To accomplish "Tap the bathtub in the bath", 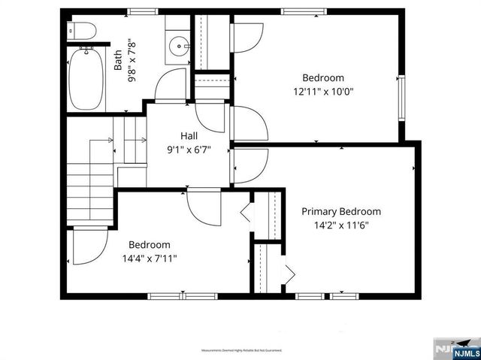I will pos(86,79).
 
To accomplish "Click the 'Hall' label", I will pos(189,136).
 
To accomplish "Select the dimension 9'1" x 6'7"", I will pos(189,149).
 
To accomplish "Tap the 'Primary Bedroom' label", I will pos(340,211).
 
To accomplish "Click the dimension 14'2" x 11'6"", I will pos(340,224).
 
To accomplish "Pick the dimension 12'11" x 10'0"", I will pos(323,91).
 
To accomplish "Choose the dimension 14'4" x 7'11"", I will pos(149,258).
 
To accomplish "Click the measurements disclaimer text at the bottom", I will pos(240,350).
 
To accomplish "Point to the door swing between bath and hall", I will pos(170,84).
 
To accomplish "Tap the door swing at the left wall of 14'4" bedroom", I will pos(87,247).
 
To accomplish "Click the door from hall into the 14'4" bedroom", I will pos(203,204).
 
